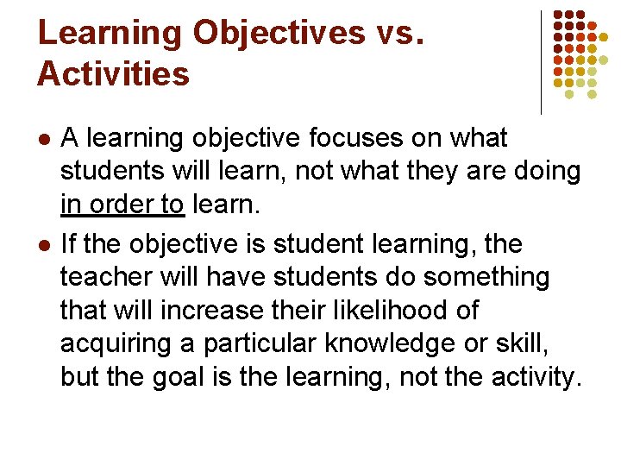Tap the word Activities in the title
113,73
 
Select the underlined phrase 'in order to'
122,205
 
